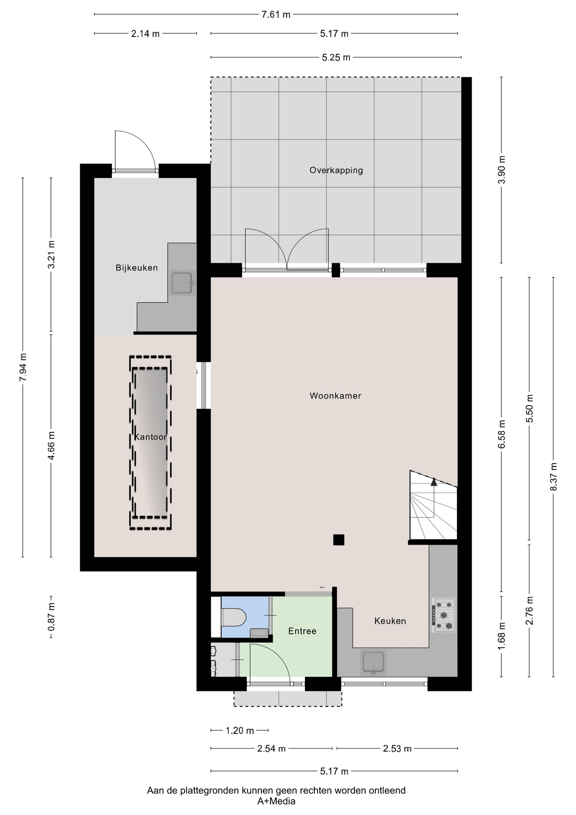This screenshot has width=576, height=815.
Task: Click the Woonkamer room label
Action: point(335,396)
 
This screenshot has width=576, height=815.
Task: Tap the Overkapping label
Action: point(336,170)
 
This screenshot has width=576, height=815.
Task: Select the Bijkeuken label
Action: point(137,267)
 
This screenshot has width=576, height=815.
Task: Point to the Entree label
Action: point(302,631)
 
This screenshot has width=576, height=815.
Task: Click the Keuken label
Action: point(390,621)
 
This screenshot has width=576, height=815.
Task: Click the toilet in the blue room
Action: point(234,618)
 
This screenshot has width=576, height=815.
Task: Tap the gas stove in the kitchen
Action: point(444,615)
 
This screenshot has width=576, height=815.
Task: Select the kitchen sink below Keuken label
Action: point(373,662)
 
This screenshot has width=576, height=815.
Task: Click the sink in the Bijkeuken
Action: point(182,283)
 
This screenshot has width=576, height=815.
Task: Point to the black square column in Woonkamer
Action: point(338,540)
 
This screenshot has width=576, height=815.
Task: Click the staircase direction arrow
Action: point(433,482)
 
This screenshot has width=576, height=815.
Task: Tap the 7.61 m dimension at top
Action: point(276,14)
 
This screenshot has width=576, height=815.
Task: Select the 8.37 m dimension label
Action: point(554,477)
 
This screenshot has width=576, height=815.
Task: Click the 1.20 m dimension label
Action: point(240,731)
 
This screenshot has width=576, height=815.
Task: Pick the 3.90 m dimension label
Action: point(501,169)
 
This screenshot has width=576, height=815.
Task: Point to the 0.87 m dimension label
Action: point(51,617)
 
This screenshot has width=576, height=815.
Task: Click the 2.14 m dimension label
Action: point(145,34)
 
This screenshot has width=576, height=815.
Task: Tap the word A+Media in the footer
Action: point(276,801)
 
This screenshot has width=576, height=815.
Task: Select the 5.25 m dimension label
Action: point(336,57)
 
